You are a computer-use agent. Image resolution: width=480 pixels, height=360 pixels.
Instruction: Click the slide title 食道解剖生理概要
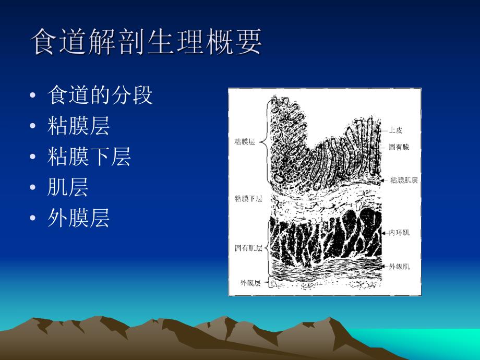[147, 42]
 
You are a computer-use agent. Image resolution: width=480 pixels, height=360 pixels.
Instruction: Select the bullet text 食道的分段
[100, 95]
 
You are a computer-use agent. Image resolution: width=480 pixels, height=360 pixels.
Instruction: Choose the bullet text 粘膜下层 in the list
[89, 157]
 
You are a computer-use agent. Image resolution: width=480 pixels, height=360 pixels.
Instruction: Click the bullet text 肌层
[68, 187]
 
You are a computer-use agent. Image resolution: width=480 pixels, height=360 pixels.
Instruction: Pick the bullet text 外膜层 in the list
[78, 218]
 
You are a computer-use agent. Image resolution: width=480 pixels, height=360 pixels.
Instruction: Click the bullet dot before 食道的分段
[33, 96]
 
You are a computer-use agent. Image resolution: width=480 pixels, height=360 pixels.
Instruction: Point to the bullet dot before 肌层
[33, 188]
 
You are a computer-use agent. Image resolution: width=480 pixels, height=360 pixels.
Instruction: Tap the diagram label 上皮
[396, 130]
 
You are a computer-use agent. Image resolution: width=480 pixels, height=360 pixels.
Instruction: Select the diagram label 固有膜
[399, 147]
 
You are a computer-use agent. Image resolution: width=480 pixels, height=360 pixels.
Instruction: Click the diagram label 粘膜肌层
[404, 180]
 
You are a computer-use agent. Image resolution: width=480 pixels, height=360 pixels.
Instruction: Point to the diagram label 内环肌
[399, 232]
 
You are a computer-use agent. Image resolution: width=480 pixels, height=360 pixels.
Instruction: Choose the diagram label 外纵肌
[399, 266]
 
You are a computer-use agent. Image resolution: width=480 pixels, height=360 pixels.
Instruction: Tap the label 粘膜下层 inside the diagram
[248, 198]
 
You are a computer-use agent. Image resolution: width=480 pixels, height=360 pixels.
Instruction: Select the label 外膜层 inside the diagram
[250, 283]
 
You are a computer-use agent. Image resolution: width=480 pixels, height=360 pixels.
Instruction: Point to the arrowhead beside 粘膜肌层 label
[387, 180]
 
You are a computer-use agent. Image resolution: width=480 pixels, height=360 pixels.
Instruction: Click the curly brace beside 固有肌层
[268, 247]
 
